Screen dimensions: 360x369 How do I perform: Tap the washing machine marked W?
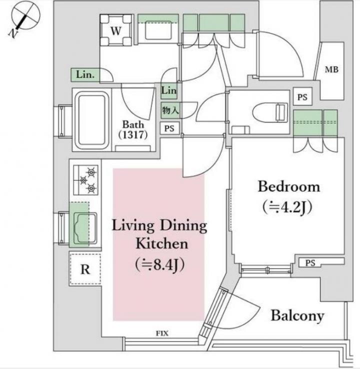coord(116,30)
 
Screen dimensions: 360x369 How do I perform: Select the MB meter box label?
coord(331,69)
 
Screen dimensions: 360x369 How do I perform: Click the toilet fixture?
coord(270,111)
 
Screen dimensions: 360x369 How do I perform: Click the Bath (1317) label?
coord(133,129)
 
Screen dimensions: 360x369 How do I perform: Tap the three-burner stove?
coord(85,180)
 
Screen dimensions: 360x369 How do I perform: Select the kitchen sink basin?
coord(85,228)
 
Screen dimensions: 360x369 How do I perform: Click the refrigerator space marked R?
coord(85,269)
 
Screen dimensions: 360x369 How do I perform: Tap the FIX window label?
coord(162,333)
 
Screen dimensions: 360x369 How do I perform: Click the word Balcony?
coord(297,315)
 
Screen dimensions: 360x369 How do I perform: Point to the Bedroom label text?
coord(289,186)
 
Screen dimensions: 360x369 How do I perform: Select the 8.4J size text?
coord(160,264)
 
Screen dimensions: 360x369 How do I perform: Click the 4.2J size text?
coord(287,207)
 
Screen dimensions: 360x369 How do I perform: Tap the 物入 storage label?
coord(170,110)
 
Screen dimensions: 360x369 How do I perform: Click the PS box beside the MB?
coord(302,96)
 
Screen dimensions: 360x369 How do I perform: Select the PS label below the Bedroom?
coord(310,262)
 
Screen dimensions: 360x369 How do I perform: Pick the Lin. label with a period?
coord(85,75)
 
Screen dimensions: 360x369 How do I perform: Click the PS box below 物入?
coord(169,128)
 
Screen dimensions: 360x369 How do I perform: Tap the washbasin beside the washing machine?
coord(158,30)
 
